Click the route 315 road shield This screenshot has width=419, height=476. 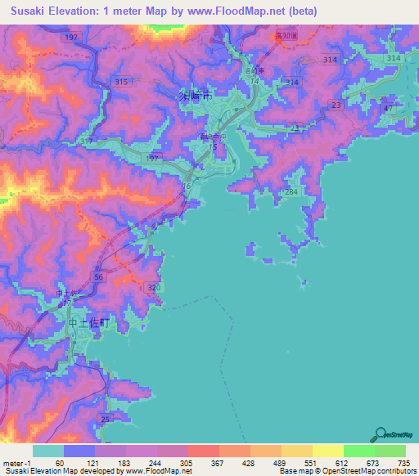[123, 82]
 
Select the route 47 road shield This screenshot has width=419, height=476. [388, 109]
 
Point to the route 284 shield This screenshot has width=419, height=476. [291, 191]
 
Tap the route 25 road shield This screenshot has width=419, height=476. [105, 420]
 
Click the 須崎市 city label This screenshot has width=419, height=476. [195, 96]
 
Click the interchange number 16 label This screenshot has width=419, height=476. [187, 187]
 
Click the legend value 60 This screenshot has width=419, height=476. [60, 463]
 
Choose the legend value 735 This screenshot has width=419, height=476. [403, 463]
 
